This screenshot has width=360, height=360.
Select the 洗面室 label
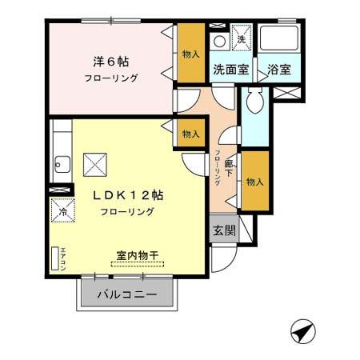click(x=230, y=70)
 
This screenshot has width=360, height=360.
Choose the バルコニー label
click(x=126, y=294)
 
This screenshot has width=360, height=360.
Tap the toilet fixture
click(x=254, y=102)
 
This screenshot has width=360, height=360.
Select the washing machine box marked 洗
click(x=241, y=38)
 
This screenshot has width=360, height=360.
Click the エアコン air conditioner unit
click(x=57, y=258)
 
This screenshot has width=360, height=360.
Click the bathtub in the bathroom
click(x=278, y=39)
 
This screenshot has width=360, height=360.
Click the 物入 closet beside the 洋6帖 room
click(x=191, y=54)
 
